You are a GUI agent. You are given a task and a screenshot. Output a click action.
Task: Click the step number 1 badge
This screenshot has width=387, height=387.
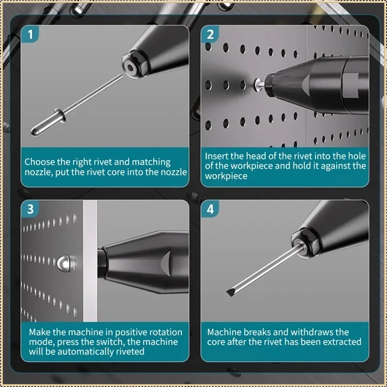coord(30,34)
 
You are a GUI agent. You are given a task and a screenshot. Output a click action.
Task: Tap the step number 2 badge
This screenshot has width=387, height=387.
coord(210,34)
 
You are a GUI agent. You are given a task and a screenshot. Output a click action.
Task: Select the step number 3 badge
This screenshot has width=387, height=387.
coord(30,209)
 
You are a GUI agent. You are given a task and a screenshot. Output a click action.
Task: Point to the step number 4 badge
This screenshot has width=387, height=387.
coord(210,209)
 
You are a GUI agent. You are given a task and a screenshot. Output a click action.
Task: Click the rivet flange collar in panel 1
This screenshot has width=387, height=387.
coord(60,115)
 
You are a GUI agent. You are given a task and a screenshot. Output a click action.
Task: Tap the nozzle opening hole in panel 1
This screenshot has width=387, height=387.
coord(129,67)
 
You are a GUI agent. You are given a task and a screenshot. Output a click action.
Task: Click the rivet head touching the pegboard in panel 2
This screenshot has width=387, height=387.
coord(258,84)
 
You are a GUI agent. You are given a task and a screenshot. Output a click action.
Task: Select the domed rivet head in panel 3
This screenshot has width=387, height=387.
coord(63,263)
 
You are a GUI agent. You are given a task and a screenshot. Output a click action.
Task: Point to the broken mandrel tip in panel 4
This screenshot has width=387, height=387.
coord(230,293)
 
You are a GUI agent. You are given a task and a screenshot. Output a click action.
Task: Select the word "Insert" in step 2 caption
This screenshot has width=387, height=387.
coord(216,156)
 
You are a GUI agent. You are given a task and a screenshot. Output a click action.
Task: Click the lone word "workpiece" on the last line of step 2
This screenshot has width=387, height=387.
coord(226,176)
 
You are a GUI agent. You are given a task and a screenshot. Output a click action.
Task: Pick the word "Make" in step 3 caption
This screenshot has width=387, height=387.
coord(40,332)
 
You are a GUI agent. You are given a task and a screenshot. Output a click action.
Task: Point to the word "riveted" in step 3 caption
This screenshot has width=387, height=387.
coord(130,352)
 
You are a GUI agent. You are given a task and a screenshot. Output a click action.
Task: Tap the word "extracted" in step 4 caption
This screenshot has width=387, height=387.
coord(342,342)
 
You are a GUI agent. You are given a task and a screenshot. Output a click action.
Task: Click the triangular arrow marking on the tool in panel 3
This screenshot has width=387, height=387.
coord(166,263)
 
